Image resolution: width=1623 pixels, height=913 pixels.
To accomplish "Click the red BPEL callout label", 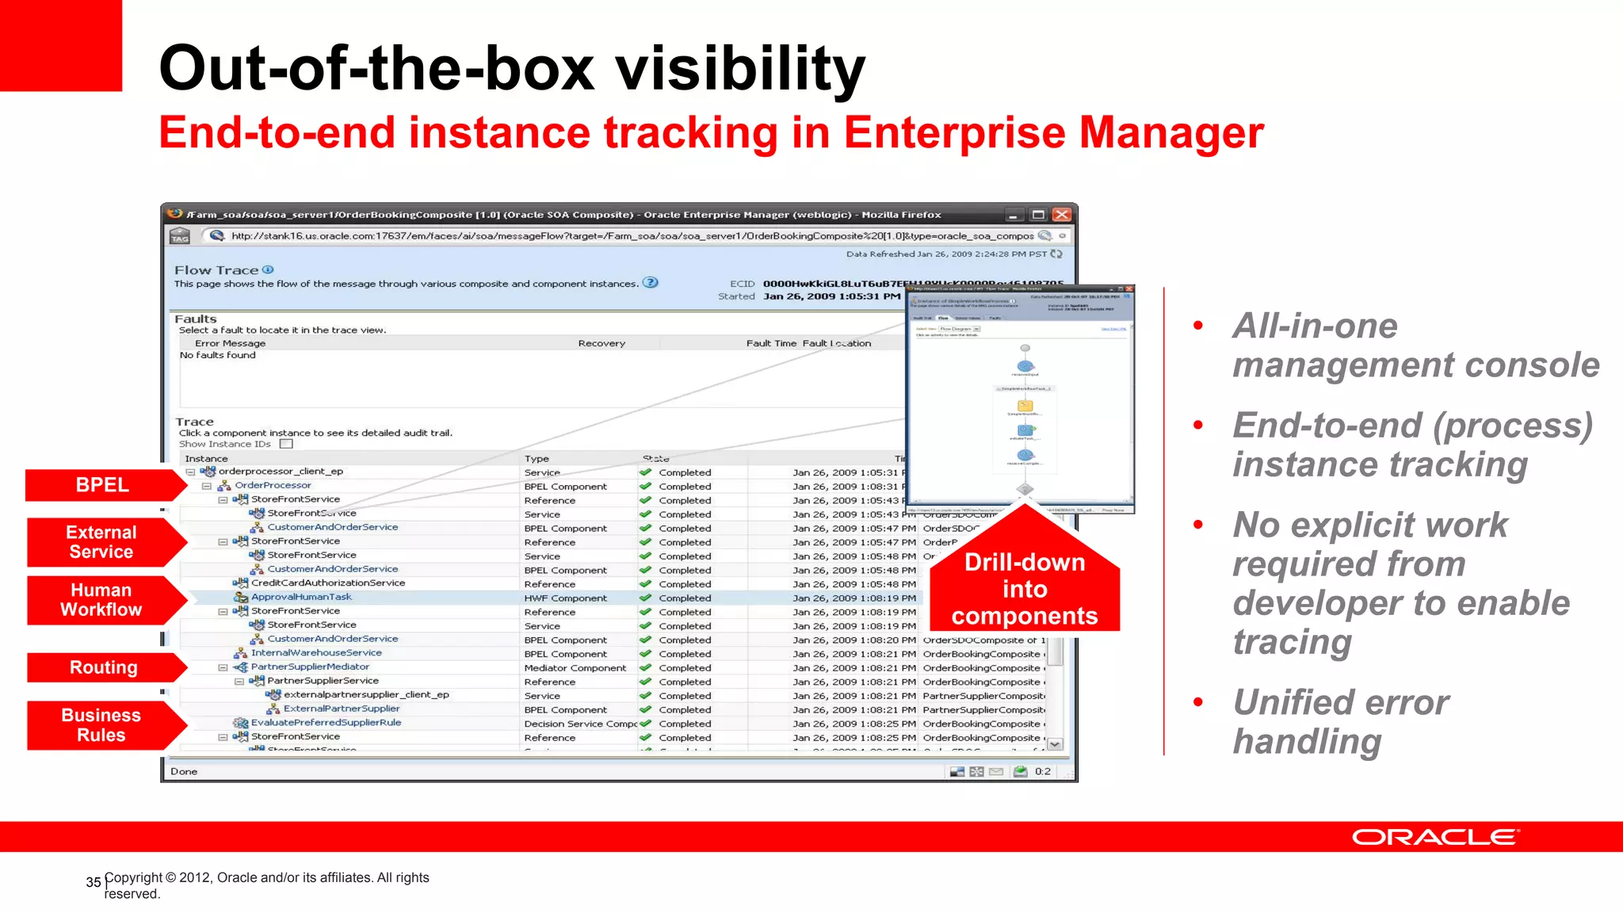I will point(102,485).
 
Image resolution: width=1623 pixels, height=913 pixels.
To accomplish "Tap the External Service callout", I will point(101,542).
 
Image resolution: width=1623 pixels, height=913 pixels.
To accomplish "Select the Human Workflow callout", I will point(101,600).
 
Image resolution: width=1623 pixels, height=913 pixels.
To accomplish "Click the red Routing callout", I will point(103,667).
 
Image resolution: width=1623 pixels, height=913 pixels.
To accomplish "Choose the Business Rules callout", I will point(101,725).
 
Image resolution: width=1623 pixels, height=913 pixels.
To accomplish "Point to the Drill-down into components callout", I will point(1024,589).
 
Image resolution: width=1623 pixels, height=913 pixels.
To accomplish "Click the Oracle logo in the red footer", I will point(1435,838).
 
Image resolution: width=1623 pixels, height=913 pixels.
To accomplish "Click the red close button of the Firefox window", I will point(1062,215).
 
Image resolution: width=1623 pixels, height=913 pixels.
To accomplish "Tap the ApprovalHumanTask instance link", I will point(301,598).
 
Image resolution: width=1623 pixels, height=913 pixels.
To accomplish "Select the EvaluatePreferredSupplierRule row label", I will point(326,723).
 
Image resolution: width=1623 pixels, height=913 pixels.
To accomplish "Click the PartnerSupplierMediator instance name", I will point(310,667).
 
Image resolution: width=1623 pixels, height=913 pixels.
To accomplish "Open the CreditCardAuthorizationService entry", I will point(328,583).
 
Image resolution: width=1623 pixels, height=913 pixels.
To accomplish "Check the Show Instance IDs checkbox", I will point(287,444).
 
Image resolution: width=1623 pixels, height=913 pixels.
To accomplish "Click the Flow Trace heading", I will point(216,270).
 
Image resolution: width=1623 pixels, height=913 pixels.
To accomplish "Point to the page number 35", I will point(94,882).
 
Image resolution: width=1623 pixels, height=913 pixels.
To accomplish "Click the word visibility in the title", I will point(740,68).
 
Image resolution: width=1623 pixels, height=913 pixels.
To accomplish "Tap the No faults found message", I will point(218,355).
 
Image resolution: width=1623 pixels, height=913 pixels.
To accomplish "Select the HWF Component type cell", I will point(565,598).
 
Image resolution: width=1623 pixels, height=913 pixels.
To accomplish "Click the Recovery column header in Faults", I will point(601,343).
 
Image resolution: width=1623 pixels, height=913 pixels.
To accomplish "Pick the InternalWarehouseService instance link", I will point(316,653).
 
